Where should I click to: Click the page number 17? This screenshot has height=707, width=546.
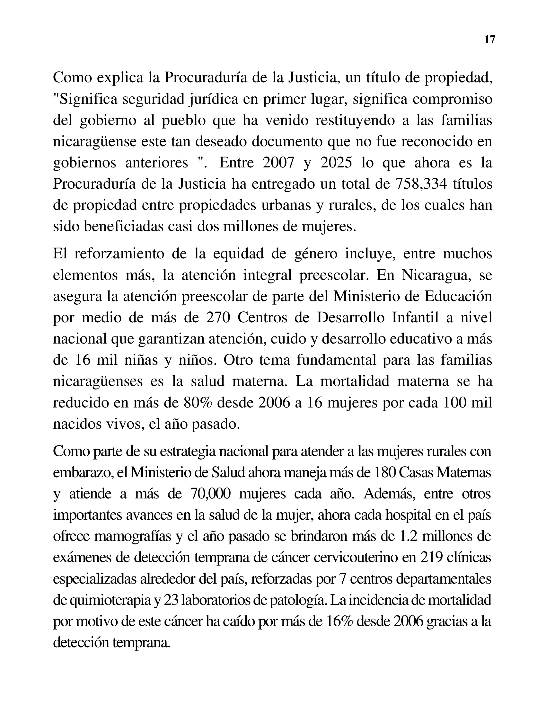489,40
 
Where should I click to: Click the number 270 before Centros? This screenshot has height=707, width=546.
218,318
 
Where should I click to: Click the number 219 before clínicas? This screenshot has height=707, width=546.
432,558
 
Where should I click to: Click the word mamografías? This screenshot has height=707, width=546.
133,536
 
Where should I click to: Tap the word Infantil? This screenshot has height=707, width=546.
415,318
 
